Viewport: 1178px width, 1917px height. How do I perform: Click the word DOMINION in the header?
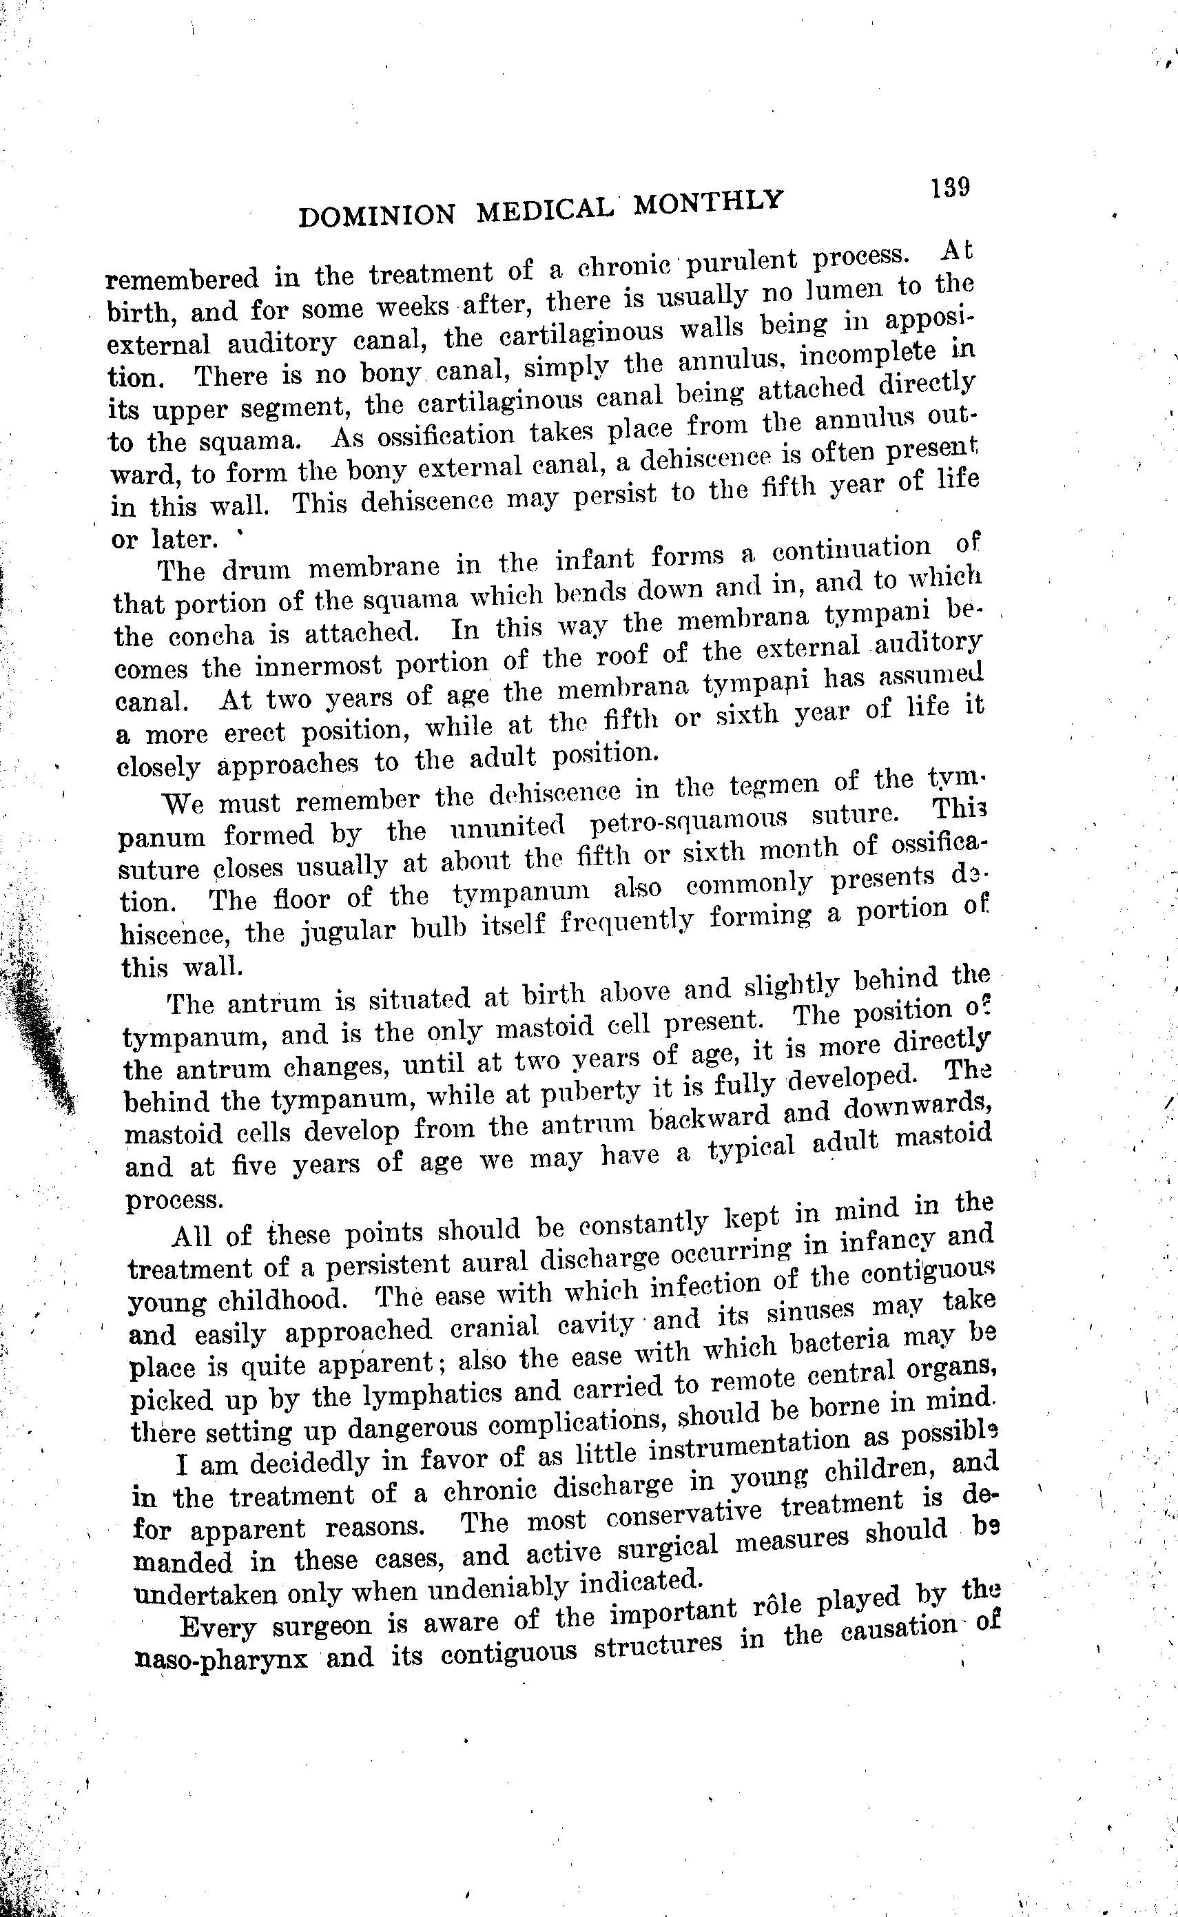(376, 214)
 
